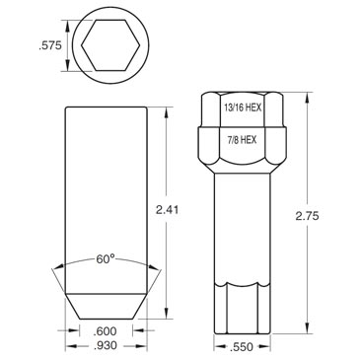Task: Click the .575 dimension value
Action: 50,45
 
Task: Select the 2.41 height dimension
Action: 167,209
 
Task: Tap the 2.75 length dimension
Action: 307,216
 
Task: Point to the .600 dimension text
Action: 106,330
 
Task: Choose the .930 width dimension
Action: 106,345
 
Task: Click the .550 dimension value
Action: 242,347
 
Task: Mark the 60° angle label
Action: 106,259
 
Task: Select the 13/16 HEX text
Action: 243,108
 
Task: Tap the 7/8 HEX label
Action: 243,140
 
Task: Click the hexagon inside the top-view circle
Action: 109,45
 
